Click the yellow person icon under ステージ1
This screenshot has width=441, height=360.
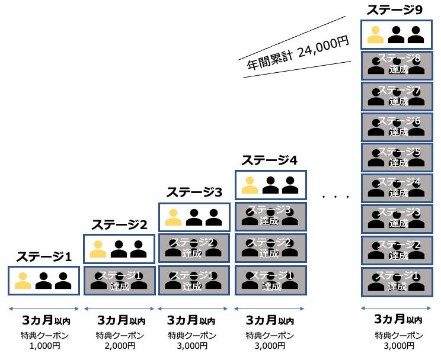[23, 280]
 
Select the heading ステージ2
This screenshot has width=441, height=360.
[119, 224]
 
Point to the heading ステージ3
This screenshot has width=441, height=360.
[194, 192]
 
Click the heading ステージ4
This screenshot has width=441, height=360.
[269, 160]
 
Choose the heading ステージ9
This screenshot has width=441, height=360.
[395, 9]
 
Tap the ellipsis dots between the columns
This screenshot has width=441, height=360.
[334, 195]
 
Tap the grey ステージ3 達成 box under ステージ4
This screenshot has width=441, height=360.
[270, 217]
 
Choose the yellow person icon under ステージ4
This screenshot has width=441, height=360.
[251, 185]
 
